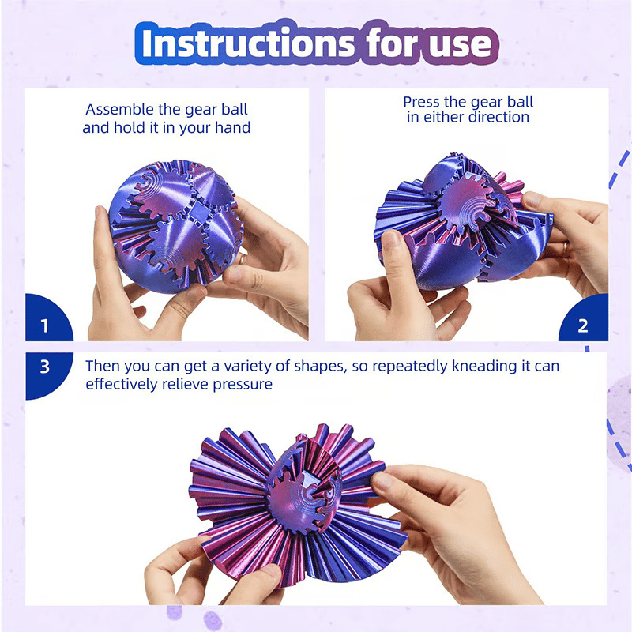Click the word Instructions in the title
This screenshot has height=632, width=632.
pyautogui.click(x=248, y=43)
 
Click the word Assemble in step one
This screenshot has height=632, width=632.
pyautogui.click(x=120, y=110)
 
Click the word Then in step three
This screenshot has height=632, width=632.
pyautogui.click(x=103, y=366)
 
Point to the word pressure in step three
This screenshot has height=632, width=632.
pyautogui.click(x=243, y=385)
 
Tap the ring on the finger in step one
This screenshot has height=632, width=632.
pyautogui.click(x=241, y=260)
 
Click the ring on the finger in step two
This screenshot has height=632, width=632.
pyautogui.click(x=566, y=249)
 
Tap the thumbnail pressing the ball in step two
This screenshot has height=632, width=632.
pyautogui.click(x=390, y=239)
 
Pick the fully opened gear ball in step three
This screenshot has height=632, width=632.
pyautogui.click(x=299, y=505)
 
